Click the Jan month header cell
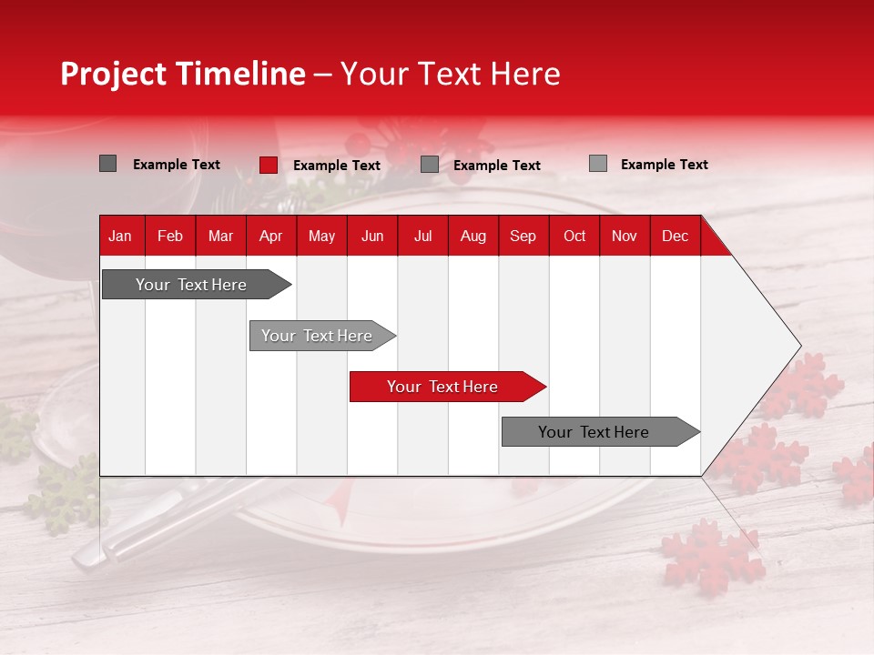tap(120, 236)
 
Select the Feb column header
tap(170, 236)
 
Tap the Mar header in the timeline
tap(220, 236)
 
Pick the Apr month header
tap(270, 236)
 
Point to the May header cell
tap(321, 236)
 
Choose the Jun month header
tap(372, 236)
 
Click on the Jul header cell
tap(422, 236)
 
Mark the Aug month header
tap(473, 236)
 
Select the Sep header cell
tap(523, 236)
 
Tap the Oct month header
tap(574, 236)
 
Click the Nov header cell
tap(625, 236)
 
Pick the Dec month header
tap(676, 236)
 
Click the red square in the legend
tap(269, 165)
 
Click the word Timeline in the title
tap(240, 74)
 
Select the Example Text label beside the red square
tap(337, 166)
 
